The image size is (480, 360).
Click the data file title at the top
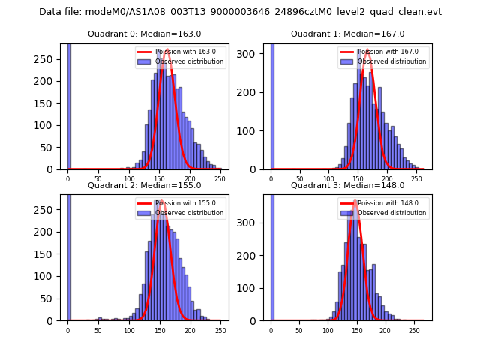(240, 12)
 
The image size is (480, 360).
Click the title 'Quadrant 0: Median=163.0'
(144, 34)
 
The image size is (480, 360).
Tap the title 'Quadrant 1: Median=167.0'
(347, 34)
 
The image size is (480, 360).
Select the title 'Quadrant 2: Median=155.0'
(144, 185)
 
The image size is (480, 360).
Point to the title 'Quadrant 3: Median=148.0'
(347, 185)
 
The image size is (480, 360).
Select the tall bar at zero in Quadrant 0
(69, 105)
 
